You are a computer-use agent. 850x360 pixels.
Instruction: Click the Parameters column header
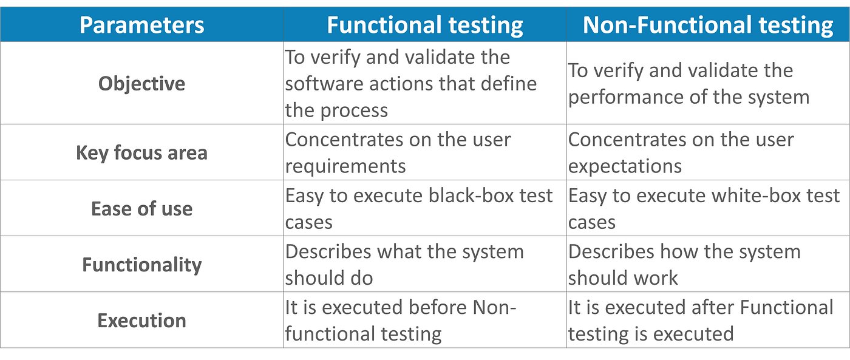pyautogui.click(x=142, y=25)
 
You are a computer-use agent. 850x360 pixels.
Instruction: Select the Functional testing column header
pyautogui.click(x=424, y=25)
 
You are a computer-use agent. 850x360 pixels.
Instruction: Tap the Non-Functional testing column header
pyautogui.click(x=707, y=25)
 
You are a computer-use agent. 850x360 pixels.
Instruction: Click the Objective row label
pyautogui.click(x=142, y=83)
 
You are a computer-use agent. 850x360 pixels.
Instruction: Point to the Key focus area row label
pyautogui.click(x=142, y=152)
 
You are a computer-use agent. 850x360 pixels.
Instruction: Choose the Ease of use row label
pyautogui.click(x=142, y=209)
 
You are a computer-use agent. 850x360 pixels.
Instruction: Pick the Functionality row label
pyautogui.click(x=142, y=265)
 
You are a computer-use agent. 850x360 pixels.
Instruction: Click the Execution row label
pyautogui.click(x=142, y=321)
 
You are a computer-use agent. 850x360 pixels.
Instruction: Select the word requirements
pyautogui.click(x=345, y=166)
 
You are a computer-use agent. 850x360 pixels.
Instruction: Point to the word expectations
pyautogui.click(x=625, y=166)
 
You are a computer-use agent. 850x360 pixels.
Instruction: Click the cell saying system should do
pyautogui.click(x=424, y=265)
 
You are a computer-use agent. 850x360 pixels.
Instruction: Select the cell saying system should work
pyautogui.click(x=707, y=265)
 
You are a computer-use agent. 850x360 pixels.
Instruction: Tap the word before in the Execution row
pyautogui.click(x=439, y=308)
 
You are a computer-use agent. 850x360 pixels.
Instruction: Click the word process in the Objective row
pyautogui.click(x=353, y=110)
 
